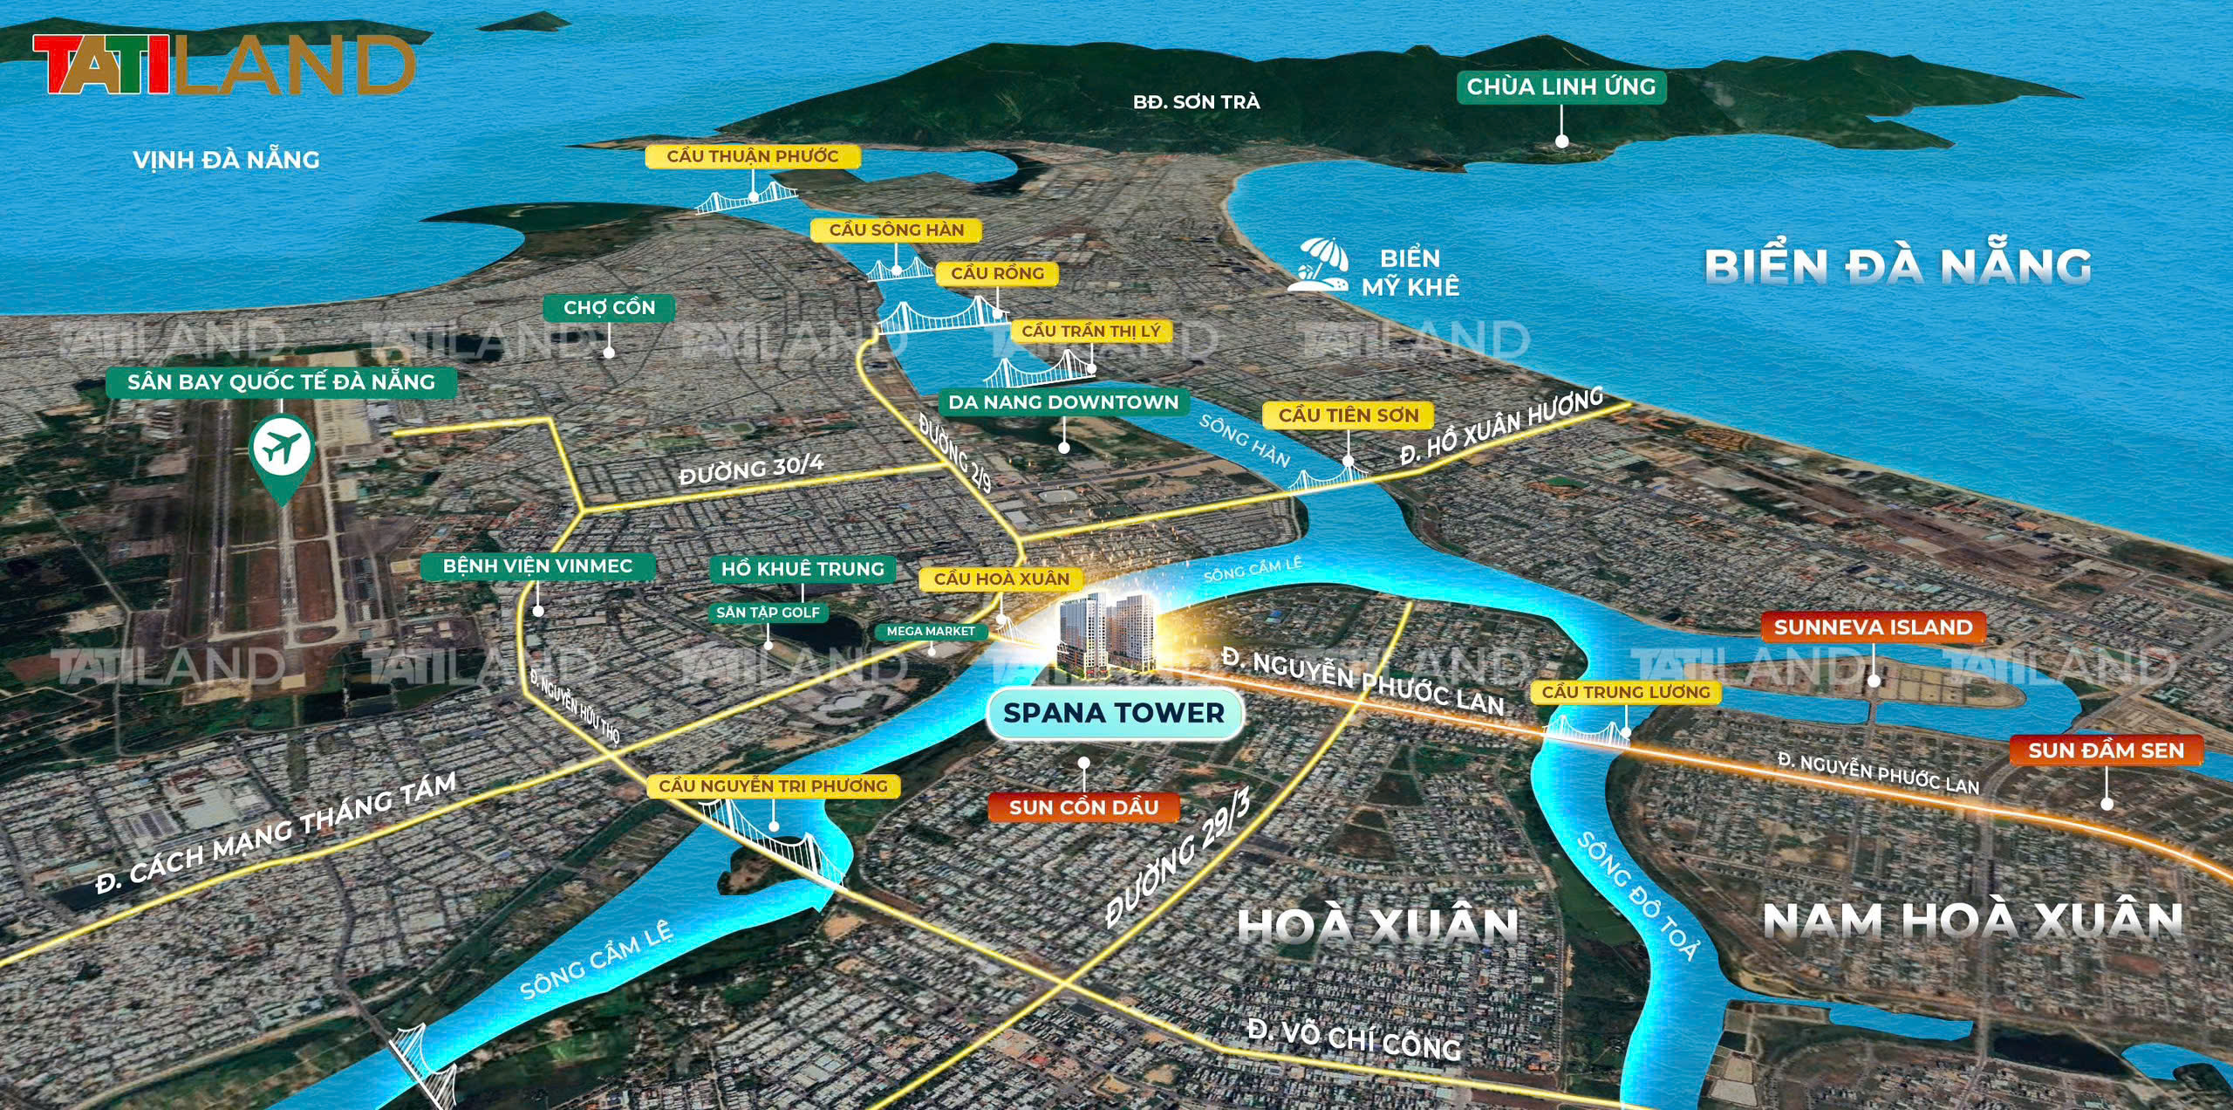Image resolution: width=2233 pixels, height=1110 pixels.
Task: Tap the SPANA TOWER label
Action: (x=1114, y=713)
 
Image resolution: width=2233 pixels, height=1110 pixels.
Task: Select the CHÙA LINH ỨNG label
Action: (x=1560, y=86)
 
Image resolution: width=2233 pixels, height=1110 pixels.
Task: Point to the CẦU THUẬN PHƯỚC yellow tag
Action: (x=752, y=156)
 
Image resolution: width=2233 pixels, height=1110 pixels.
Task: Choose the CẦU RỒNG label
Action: (x=997, y=273)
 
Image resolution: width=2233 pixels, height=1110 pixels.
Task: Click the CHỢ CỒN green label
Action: (x=609, y=307)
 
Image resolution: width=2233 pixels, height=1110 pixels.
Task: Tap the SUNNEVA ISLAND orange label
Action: (x=1873, y=627)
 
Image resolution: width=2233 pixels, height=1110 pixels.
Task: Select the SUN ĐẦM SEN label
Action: (x=2106, y=750)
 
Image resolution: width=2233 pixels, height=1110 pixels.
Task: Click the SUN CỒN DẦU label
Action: (x=1083, y=807)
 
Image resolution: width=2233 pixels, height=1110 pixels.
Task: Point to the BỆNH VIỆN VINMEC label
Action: (x=537, y=565)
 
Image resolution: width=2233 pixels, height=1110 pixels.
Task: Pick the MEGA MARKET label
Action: (x=931, y=631)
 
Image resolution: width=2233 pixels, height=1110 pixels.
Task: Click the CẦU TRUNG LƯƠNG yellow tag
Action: (x=1626, y=692)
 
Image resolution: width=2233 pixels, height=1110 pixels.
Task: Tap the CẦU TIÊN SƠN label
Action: (x=1349, y=415)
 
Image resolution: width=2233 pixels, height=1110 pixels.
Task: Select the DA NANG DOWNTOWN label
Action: (x=1063, y=402)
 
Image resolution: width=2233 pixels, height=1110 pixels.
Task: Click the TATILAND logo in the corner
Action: (x=223, y=65)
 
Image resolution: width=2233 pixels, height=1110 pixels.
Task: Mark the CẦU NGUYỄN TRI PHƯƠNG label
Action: (x=773, y=785)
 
